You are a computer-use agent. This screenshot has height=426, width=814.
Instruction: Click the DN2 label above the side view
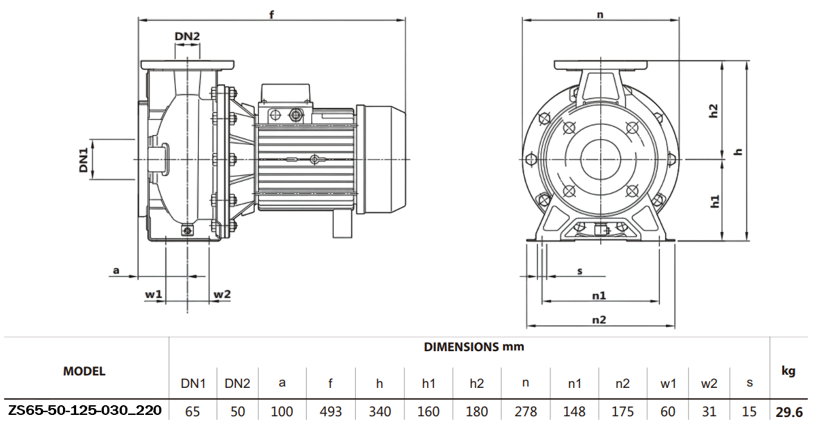pos(187,36)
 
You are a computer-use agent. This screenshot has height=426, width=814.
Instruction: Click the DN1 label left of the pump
pos(84,159)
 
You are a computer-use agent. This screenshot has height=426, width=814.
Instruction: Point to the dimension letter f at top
pos(272,15)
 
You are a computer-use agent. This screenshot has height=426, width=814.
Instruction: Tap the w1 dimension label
pos(154,294)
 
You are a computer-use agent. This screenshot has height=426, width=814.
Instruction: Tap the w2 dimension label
pos(221,294)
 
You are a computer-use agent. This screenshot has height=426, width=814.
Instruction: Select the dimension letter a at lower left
pos(116,271)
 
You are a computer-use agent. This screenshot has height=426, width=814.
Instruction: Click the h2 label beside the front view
pos(714,111)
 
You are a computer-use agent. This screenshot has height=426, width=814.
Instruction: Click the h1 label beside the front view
pos(714,202)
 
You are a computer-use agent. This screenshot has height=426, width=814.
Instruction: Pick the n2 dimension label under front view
pos(599,319)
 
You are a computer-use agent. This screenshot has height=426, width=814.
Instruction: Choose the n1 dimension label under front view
pos(599,295)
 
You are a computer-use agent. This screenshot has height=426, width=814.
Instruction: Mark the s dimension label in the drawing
pos(579,271)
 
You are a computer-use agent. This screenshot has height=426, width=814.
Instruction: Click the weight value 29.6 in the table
pos(789,411)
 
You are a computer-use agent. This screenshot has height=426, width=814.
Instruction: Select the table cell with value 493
pos(331,411)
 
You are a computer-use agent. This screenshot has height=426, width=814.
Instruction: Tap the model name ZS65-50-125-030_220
pos(84,411)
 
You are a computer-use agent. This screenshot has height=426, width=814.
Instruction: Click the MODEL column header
pos(84,371)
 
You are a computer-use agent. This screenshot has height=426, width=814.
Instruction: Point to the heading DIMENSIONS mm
pos(473,346)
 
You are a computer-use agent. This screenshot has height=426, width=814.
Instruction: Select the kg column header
pos(788,371)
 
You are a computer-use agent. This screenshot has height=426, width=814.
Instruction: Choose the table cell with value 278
pos(526,411)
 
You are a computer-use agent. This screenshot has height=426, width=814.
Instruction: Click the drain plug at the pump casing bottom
pos(186,231)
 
